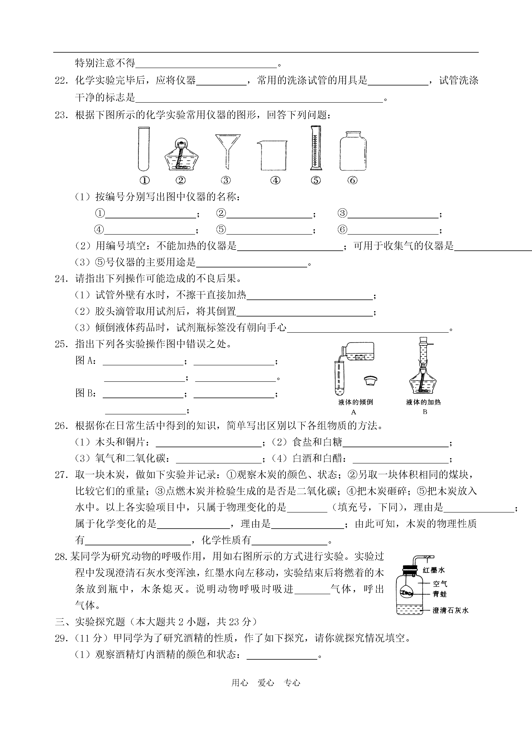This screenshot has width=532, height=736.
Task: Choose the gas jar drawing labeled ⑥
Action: [x=353, y=151]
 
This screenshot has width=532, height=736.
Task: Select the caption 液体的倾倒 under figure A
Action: [x=356, y=402]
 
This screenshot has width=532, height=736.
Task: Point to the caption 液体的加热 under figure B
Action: [x=424, y=402]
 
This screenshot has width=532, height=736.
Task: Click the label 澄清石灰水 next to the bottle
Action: [x=450, y=610]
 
